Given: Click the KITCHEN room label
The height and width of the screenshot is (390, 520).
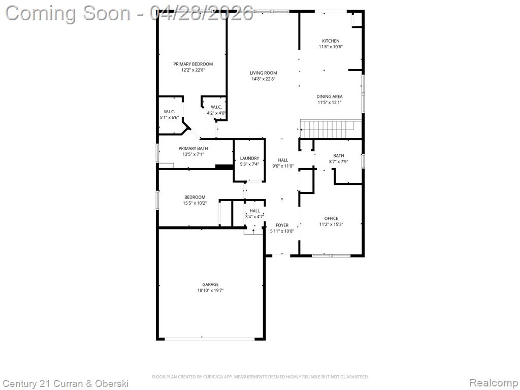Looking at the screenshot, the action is pyautogui.click(x=331, y=41).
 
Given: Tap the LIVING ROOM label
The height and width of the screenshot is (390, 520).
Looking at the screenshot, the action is pyautogui.click(x=264, y=73).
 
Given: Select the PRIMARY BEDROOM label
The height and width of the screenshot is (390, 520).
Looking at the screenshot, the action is pyautogui.click(x=193, y=64).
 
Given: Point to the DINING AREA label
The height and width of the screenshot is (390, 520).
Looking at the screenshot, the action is pyautogui.click(x=329, y=96).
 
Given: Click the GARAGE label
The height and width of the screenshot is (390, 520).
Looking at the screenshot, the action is pyautogui.click(x=211, y=284).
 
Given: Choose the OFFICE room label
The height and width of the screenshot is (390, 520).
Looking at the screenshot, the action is pyautogui.click(x=331, y=218).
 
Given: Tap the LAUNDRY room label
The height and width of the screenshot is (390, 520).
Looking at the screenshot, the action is pyautogui.click(x=249, y=158).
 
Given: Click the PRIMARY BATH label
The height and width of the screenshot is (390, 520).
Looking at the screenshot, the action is pyautogui.click(x=193, y=149).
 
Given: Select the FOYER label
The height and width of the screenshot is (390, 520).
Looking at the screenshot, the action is pyautogui.click(x=282, y=225).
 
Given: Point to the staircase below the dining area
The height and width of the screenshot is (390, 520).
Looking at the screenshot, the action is pyautogui.click(x=331, y=128).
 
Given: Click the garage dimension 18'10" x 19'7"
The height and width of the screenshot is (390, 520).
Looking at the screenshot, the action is pyautogui.click(x=211, y=290).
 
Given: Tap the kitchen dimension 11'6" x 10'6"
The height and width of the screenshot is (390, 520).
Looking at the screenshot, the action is pyautogui.click(x=331, y=47).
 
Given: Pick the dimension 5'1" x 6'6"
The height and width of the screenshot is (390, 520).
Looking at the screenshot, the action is pyautogui.click(x=169, y=117).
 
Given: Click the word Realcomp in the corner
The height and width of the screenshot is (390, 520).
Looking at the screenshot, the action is pyautogui.click(x=493, y=382).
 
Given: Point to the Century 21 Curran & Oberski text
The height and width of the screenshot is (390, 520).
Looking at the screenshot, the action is pyautogui.click(x=66, y=384).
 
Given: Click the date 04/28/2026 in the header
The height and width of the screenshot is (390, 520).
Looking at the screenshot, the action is pyautogui.click(x=201, y=13).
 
